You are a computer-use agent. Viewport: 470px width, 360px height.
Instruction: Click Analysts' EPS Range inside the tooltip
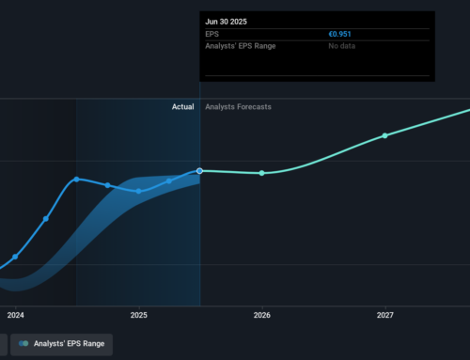pyautogui.click(x=240, y=46)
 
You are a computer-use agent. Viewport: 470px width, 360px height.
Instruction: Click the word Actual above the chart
pyautogui.click(x=182, y=107)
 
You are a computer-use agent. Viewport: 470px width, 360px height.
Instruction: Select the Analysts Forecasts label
pyautogui.click(x=238, y=107)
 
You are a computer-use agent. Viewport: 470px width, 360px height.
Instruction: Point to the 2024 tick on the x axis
pyautogui.click(x=15, y=316)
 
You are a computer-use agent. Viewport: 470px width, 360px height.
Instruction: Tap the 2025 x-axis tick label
pyautogui.click(x=138, y=316)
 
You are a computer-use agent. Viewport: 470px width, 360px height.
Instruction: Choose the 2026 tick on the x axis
pyautogui.click(x=261, y=316)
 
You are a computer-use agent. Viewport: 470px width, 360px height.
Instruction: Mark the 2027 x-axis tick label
pyautogui.click(x=384, y=316)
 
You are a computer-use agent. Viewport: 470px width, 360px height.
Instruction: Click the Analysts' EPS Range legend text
pyautogui.click(x=69, y=345)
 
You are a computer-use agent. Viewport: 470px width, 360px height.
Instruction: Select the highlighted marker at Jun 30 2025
pyautogui.click(x=200, y=171)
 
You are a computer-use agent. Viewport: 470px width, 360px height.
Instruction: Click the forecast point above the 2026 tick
pyautogui.click(x=261, y=173)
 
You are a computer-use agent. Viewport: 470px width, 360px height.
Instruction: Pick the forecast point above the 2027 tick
pyautogui.click(x=384, y=135)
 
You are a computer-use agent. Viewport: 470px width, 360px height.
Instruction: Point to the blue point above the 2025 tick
pyautogui.click(x=138, y=191)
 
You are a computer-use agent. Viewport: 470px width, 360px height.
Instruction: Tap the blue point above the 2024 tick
pyautogui.click(x=15, y=257)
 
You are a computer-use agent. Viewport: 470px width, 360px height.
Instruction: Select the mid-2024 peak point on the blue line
pyautogui.click(x=77, y=179)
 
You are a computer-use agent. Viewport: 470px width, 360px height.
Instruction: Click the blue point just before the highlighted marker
pyautogui.click(x=169, y=180)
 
